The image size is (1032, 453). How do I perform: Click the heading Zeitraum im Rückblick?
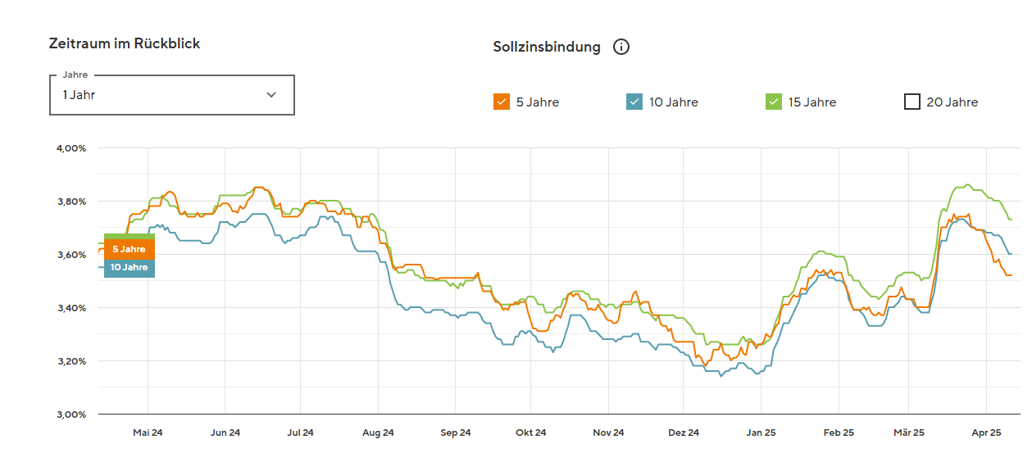pyautogui.click(x=125, y=43)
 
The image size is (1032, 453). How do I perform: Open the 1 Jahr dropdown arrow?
pyautogui.click(x=271, y=95)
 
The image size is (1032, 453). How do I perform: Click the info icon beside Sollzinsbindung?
pyautogui.click(x=621, y=47)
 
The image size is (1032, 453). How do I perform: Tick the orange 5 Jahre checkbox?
pyautogui.click(x=501, y=102)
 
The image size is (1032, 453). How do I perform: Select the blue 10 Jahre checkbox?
pyautogui.click(x=634, y=102)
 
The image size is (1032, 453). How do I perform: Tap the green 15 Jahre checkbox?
pyautogui.click(x=774, y=102)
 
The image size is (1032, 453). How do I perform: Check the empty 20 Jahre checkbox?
pyautogui.click(x=912, y=102)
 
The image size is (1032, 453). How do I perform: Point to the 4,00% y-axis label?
pyautogui.click(x=71, y=148)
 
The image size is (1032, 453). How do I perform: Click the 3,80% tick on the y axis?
pyautogui.click(x=71, y=202)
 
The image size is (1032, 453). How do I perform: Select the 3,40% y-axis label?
pyautogui.click(x=71, y=308)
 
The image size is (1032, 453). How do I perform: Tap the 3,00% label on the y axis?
pyautogui.click(x=71, y=414)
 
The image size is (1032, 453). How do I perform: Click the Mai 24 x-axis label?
pyautogui.click(x=148, y=433)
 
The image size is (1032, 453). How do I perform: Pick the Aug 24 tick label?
pyautogui.click(x=378, y=433)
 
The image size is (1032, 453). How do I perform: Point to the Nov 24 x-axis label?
pyautogui.click(x=608, y=433)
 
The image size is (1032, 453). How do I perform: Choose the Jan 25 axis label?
pyautogui.click(x=761, y=433)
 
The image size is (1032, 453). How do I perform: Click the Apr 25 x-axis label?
pyautogui.click(x=986, y=433)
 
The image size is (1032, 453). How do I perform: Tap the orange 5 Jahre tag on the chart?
pyautogui.click(x=129, y=249)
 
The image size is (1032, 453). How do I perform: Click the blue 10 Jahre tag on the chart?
pyautogui.click(x=129, y=268)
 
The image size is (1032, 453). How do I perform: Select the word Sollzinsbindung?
pyautogui.click(x=547, y=47)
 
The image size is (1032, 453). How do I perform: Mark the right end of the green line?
pyautogui.click(x=1012, y=220)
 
